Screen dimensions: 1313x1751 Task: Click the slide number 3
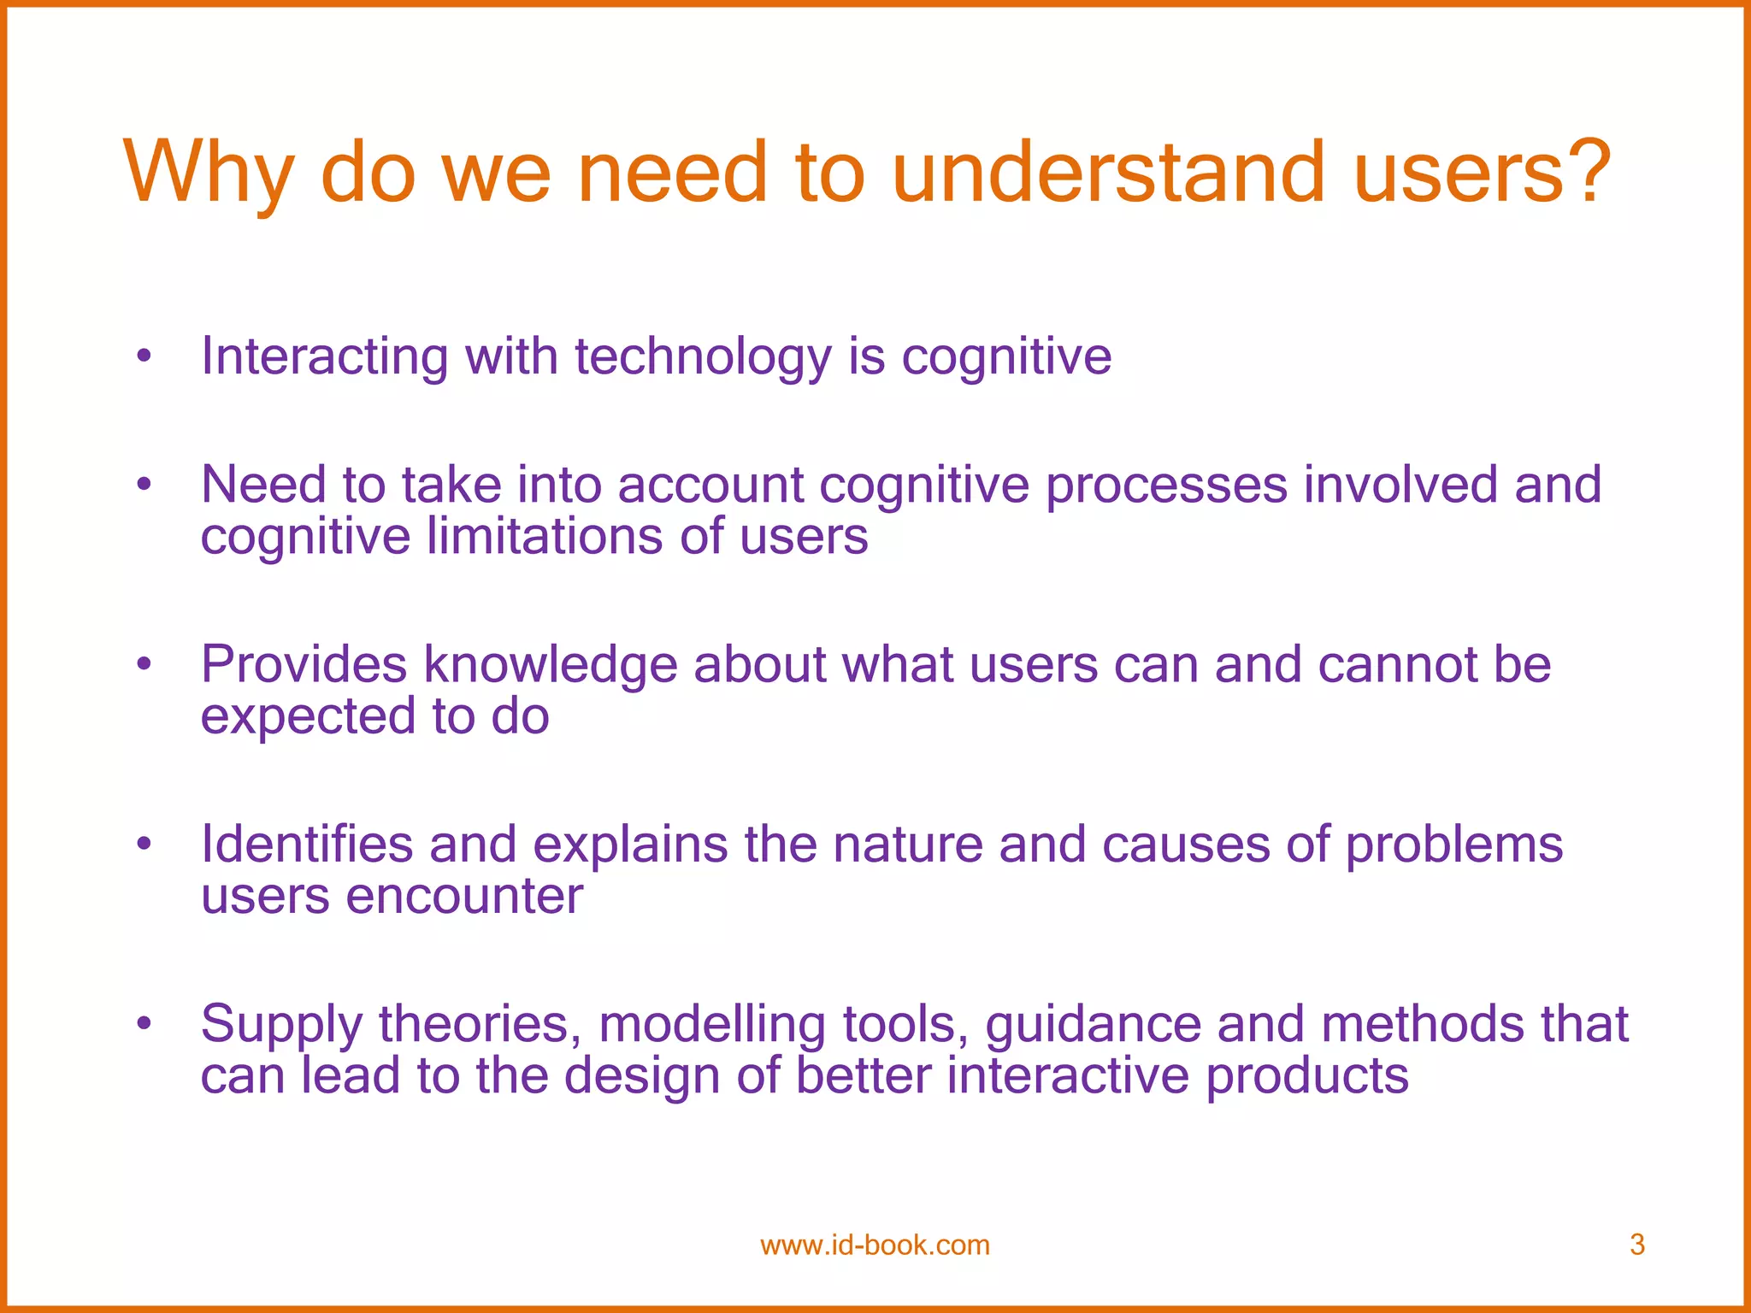(x=1636, y=1245)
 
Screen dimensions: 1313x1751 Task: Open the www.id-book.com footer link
(x=875, y=1245)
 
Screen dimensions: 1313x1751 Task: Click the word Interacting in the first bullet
(x=324, y=356)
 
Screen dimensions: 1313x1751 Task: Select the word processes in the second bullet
(x=1166, y=486)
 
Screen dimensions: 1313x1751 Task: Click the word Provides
(x=304, y=664)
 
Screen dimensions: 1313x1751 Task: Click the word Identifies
(x=307, y=845)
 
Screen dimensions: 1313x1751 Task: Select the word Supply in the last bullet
(x=281, y=1024)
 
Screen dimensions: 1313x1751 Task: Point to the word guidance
(x=1093, y=1024)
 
